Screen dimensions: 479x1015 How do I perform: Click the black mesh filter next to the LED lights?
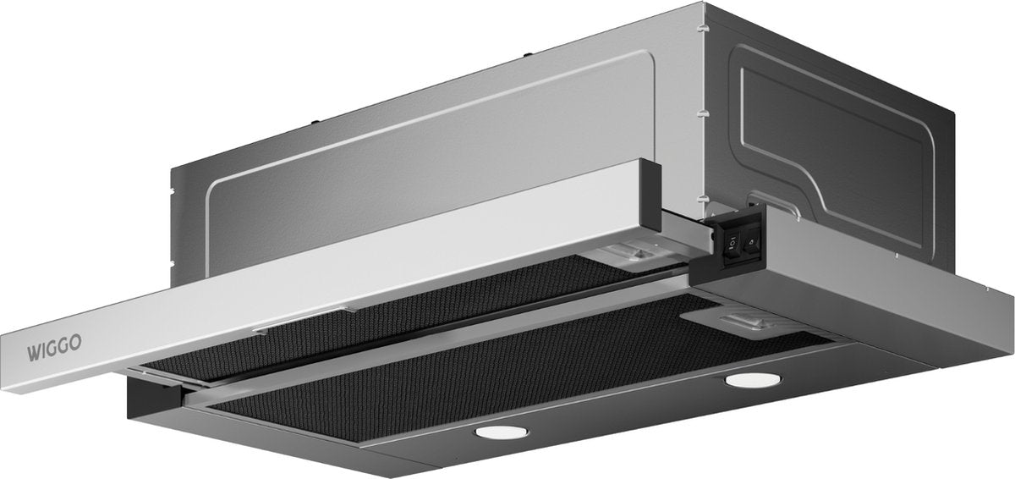point(507,364)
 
